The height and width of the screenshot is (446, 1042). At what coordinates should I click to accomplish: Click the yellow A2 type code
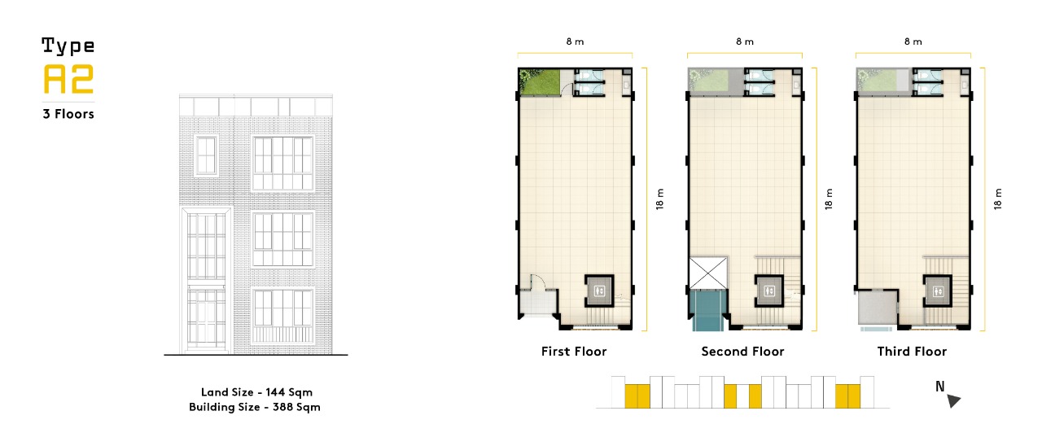68,79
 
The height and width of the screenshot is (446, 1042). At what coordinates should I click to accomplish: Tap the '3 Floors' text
68,114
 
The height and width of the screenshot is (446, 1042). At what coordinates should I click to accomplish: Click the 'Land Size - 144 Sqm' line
256,392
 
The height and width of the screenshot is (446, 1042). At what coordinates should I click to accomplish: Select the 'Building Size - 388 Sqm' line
255,407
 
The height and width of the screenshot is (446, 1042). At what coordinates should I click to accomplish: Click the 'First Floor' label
574,351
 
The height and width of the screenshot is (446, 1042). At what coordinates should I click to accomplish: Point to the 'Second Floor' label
742,351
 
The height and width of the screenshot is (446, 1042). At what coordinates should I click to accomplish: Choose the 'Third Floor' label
912,351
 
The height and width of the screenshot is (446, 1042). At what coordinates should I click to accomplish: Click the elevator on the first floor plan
599,291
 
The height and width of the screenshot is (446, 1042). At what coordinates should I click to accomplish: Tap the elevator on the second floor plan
769,291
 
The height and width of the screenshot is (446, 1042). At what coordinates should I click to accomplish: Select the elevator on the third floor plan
938,291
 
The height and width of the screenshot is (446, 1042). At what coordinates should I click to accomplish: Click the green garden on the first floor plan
540,82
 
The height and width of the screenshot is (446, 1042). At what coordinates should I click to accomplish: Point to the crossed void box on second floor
707,273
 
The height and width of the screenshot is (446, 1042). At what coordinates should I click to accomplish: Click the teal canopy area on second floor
707,310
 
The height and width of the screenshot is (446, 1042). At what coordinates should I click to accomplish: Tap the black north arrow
953,400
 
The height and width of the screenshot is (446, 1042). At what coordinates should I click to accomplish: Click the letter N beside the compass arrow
940,387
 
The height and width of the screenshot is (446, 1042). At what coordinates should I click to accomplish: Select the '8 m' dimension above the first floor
575,42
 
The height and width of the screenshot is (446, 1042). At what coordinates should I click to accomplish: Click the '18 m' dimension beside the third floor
997,199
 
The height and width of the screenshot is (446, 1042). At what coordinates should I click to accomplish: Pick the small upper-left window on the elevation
206,155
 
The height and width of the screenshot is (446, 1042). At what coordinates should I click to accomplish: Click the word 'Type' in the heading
68,46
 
